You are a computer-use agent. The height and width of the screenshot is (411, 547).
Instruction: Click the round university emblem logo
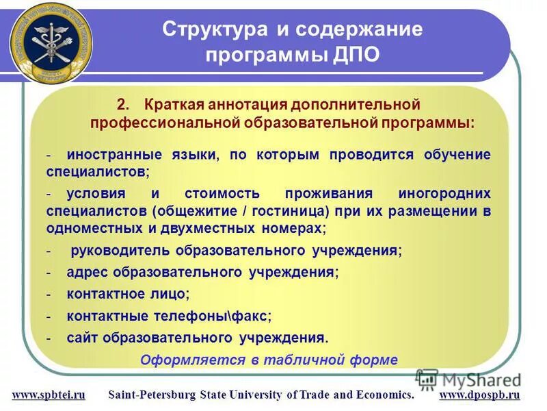pos(51,42)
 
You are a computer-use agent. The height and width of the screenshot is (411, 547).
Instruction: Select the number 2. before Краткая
pos(123,105)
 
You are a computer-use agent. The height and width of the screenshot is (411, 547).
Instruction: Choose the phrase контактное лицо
pos(127,294)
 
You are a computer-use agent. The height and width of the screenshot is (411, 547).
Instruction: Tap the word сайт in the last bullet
pos(81,338)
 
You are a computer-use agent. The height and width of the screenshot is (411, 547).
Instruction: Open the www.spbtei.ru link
pos(49,395)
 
